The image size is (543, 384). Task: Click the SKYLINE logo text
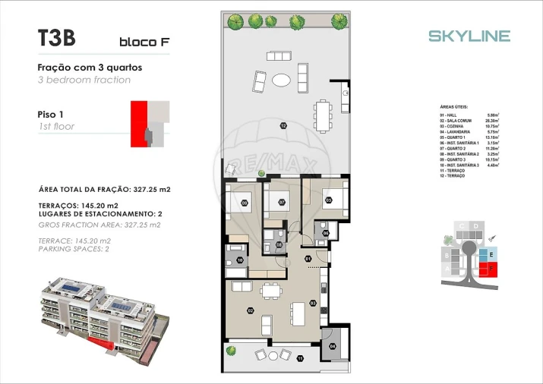(x=469, y=36)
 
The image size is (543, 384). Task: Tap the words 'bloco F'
(x=144, y=42)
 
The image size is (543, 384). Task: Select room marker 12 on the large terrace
(x=283, y=125)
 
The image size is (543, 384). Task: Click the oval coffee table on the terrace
(x=281, y=79)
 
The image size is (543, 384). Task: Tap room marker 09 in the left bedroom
(x=245, y=203)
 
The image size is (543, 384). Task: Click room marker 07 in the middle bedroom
(x=281, y=203)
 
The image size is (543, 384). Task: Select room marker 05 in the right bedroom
(x=329, y=201)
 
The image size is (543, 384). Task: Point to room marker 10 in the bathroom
(x=240, y=260)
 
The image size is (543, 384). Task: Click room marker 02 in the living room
(x=250, y=310)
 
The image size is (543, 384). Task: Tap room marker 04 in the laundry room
(x=332, y=346)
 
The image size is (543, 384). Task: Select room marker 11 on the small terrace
(x=299, y=357)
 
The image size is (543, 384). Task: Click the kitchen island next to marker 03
(x=297, y=312)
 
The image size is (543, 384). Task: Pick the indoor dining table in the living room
(x=269, y=291)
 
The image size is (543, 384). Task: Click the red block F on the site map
(x=490, y=268)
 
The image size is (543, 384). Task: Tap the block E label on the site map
(x=491, y=254)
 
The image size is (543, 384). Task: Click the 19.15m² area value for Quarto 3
(x=492, y=160)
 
